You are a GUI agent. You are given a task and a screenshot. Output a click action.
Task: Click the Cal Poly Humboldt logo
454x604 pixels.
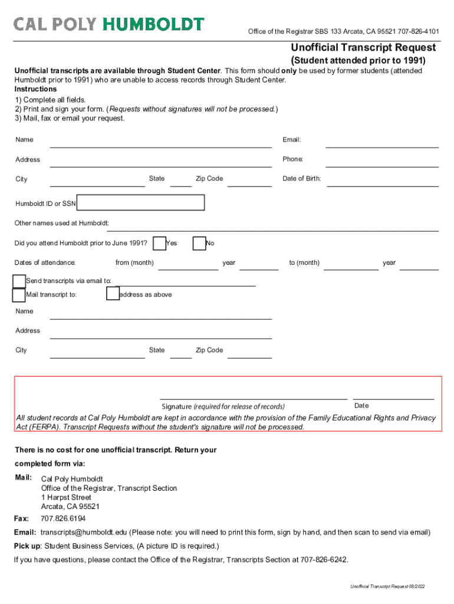click(x=109, y=24)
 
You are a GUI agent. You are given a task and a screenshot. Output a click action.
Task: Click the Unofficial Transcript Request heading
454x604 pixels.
click(x=363, y=48)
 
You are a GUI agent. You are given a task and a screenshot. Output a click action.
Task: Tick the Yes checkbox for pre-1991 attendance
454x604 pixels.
click(x=159, y=243)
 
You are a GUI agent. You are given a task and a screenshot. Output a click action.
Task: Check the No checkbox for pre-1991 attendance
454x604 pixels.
click(x=199, y=243)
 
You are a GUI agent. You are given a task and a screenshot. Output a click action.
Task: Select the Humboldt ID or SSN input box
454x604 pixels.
click(x=142, y=203)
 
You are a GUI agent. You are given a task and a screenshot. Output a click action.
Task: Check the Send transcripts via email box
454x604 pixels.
click(x=19, y=281)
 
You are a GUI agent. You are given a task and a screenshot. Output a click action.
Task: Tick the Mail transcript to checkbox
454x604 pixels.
click(x=19, y=294)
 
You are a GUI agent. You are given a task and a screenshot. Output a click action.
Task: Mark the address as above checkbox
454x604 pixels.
click(x=113, y=294)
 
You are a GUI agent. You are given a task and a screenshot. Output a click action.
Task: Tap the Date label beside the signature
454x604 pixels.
click(x=361, y=406)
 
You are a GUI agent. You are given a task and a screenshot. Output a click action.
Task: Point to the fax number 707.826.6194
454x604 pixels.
click(x=63, y=519)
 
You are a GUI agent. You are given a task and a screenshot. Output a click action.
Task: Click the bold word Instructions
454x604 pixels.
click(x=36, y=89)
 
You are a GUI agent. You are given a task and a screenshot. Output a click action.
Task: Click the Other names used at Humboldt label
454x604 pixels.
click(x=62, y=224)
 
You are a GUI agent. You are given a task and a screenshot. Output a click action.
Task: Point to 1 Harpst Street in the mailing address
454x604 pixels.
click(x=66, y=498)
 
